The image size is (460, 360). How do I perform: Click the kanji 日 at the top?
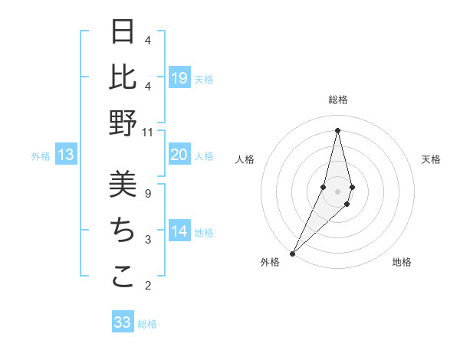pos(123,32)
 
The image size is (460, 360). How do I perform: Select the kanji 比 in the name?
pos(123,77)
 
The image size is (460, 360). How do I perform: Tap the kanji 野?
pos(123,123)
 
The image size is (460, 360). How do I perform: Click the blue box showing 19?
pos(179,78)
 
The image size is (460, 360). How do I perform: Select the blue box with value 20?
pos(179,155)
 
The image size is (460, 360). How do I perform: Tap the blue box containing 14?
pos(179,232)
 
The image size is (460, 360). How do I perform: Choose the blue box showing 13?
pos(65,155)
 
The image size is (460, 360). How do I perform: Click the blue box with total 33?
pos(122,322)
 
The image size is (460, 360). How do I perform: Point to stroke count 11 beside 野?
pos(148,133)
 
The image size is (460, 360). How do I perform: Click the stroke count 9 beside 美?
pos(147,193)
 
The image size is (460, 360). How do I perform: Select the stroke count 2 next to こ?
pos(147,286)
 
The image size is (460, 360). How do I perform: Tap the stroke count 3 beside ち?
pos(147,240)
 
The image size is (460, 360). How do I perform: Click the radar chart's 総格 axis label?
pos(337,100)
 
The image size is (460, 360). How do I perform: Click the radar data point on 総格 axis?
pos(337,130)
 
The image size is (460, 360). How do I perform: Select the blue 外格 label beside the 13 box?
pos(41,156)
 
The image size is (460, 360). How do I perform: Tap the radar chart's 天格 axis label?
pos(431,159)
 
